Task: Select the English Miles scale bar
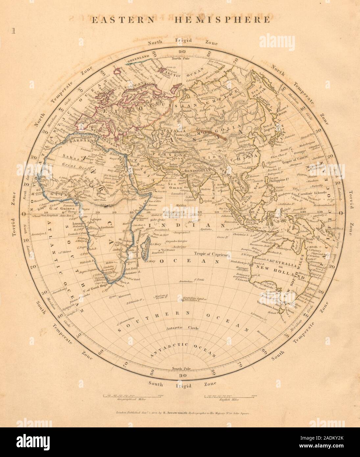[230, 396]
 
